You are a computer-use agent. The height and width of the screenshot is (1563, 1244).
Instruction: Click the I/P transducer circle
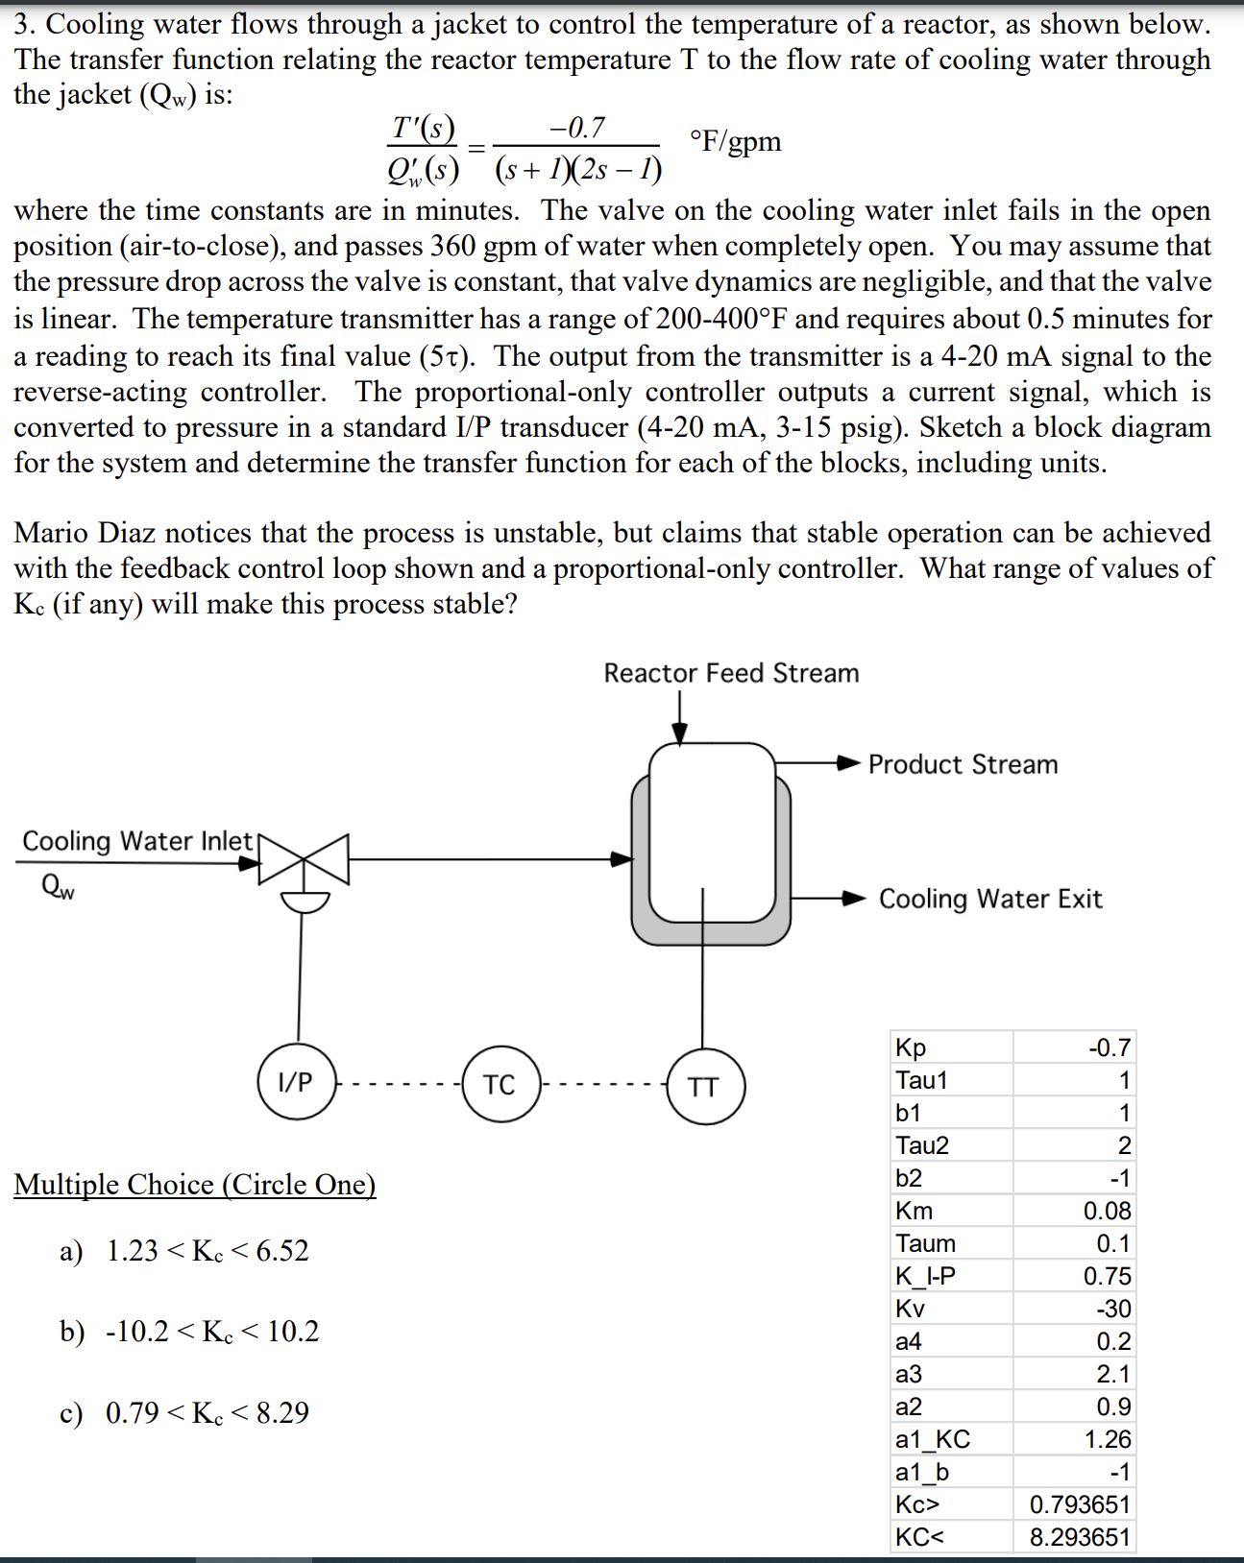point(296,1083)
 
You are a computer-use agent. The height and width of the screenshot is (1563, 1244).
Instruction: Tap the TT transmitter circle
point(703,1087)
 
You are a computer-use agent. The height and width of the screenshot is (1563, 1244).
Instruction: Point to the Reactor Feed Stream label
point(731,673)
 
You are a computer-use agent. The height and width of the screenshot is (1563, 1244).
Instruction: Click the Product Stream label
point(963,764)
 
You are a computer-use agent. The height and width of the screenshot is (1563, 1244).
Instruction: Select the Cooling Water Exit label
point(990,899)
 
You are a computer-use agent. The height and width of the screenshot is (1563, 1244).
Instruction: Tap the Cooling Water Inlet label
point(136,841)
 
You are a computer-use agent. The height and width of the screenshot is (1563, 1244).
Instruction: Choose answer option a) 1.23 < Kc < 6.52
point(184,1251)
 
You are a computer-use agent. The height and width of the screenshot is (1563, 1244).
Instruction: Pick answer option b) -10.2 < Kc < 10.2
point(189,1332)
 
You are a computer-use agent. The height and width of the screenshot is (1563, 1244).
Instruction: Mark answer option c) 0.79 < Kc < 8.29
point(184,1413)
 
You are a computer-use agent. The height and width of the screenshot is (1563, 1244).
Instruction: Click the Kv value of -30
point(1113,1309)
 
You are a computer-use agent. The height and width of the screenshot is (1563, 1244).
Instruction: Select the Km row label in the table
point(914,1211)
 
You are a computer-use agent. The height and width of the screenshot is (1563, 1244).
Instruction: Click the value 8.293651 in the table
point(1080,1537)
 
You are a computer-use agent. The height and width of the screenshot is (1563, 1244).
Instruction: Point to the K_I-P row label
point(925,1276)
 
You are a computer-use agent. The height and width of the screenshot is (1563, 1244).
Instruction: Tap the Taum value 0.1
point(1113,1243)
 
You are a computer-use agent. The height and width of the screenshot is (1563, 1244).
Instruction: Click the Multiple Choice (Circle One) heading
point(194,1185)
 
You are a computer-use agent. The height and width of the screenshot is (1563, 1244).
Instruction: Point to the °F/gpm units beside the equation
point(735,142)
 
